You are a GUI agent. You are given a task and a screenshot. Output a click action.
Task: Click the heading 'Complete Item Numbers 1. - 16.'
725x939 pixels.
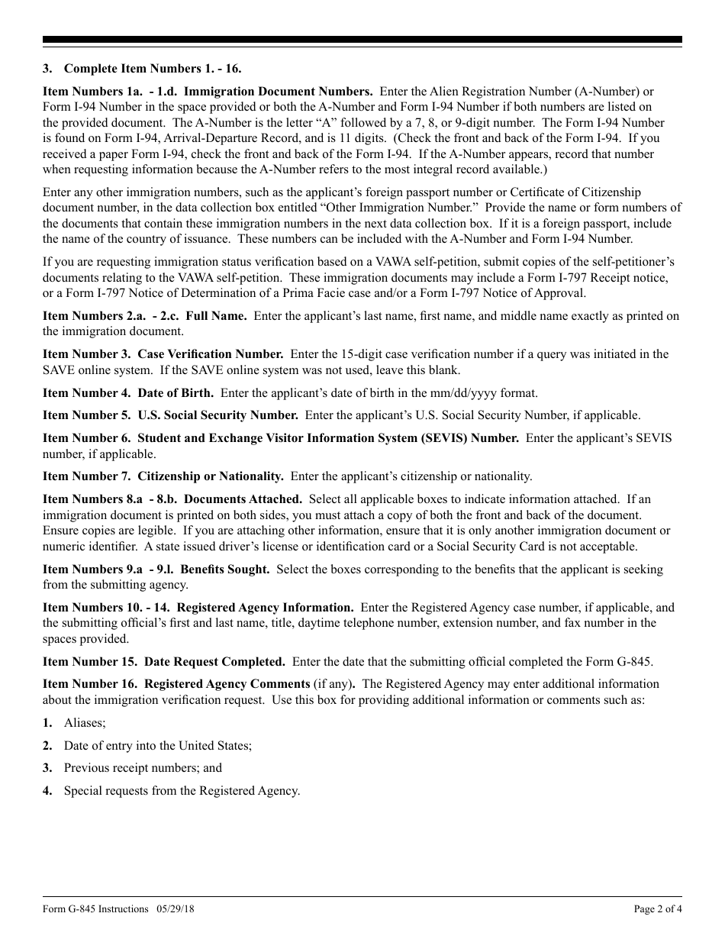(153, 69)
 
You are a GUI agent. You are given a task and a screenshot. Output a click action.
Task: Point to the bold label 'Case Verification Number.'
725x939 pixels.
(211, 354)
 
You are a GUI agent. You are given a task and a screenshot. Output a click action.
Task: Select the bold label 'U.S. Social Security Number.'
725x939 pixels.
(217, 415)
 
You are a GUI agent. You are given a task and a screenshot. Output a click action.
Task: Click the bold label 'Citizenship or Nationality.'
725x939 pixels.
(211, 476)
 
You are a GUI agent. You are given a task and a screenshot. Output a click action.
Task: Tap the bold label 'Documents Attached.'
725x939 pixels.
(238, 499)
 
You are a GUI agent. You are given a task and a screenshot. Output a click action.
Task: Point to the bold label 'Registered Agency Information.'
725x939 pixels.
(265, 608)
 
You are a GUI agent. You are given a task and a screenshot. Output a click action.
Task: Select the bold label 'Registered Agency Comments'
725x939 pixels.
(227, 684)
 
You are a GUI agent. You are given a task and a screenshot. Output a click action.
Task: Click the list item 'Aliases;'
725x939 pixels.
(85, 722)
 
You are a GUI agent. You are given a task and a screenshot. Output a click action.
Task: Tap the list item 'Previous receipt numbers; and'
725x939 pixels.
(143, 768)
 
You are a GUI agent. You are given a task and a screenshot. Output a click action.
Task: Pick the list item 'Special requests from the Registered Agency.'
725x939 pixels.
(182, 791)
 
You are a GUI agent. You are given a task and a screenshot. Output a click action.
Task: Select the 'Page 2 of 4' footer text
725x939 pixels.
(658, 908)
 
